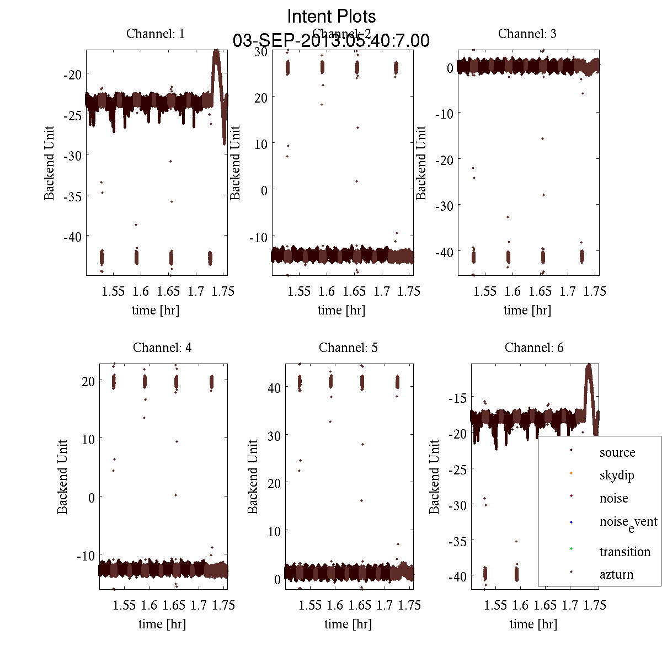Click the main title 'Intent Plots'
click(x=332, y=16)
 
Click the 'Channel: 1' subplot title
click(x=156, y=34)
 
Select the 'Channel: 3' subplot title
click(x=527, y=34)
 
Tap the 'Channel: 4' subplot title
click(x=162, y=348)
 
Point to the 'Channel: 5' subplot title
click(x=348, y=348)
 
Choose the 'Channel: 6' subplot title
click(x=534, y=348)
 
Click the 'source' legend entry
click(x=617, y=452)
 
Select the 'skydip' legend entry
click(x=616, y=475)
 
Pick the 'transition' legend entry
click(x=624, y=552)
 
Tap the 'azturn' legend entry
click(x=616, y=574)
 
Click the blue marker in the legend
click(x=571, y=522)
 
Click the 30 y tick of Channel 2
click(x=260, y=51)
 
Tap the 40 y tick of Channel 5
click(x=274, y=388)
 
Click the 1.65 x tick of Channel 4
click(x=174, y=605)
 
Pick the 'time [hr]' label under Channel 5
click(x=348, y=624)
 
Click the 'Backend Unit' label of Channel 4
click(x=62, y=477)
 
